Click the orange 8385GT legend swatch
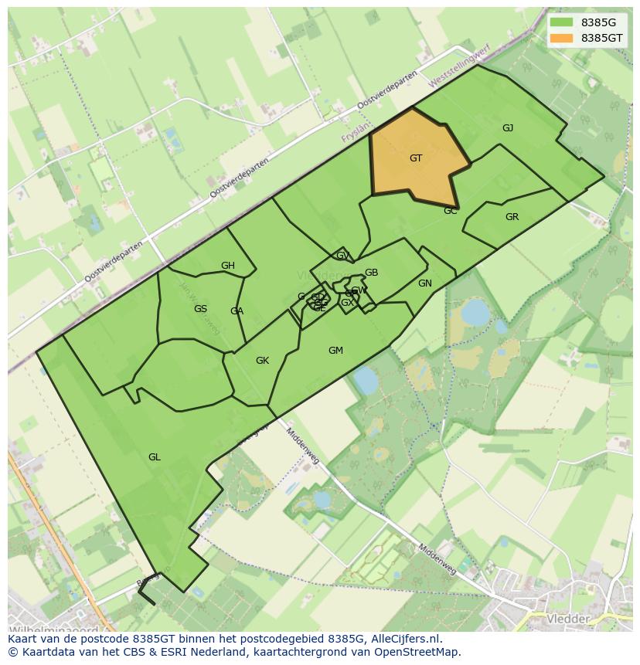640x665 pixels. (562, 38)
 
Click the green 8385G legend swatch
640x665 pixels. (562, 22)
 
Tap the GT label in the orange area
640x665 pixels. (416, 158)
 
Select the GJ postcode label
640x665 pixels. (508, 128)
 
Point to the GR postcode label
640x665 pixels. (512, 217)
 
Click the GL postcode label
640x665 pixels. (155, 457)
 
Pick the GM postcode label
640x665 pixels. (335, 351)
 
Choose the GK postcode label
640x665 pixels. (262, 361)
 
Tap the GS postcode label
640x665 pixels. (200, 309)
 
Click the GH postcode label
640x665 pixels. (227, 266)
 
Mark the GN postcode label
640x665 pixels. (424, 283)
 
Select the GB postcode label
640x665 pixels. (371, 273)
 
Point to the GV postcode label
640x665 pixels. (342, 256)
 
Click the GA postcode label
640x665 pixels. (237, 311)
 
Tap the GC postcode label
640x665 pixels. (451, 211)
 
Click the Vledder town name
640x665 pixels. (568, 619)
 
